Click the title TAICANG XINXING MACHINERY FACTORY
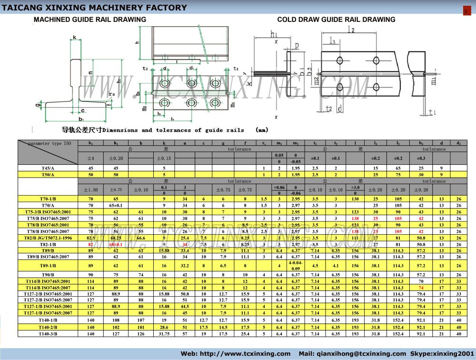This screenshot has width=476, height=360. (x=95, y=8)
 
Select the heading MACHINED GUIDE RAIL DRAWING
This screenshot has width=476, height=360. (x=89, y=20)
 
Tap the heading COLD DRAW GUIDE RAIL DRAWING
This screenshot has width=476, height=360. (x=336, y=20)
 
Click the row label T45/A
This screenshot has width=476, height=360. (x=48, y=168)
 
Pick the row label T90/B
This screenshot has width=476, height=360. (x=48, y=275)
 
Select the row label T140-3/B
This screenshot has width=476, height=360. (x=48, y=334)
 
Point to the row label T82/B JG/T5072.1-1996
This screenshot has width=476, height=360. (x=48, y=238)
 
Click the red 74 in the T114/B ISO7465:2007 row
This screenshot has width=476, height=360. (x=421, y=288)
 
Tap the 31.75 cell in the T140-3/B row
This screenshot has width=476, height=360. (x=164, y=334)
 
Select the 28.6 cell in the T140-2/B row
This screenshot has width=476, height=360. (x=164, y=327)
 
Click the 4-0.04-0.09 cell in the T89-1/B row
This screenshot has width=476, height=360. (x=295, y=266)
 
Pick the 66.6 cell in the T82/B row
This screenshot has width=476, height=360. (x=140, y=238)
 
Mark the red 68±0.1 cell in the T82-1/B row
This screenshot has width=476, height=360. (x=116, y=244)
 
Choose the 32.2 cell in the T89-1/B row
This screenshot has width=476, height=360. (x=185, y=266)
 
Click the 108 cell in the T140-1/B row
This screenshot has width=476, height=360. (x=116, y=320)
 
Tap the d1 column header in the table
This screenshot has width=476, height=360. (x=458, y=143)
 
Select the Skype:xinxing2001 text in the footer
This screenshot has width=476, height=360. (x=443, y=354)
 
